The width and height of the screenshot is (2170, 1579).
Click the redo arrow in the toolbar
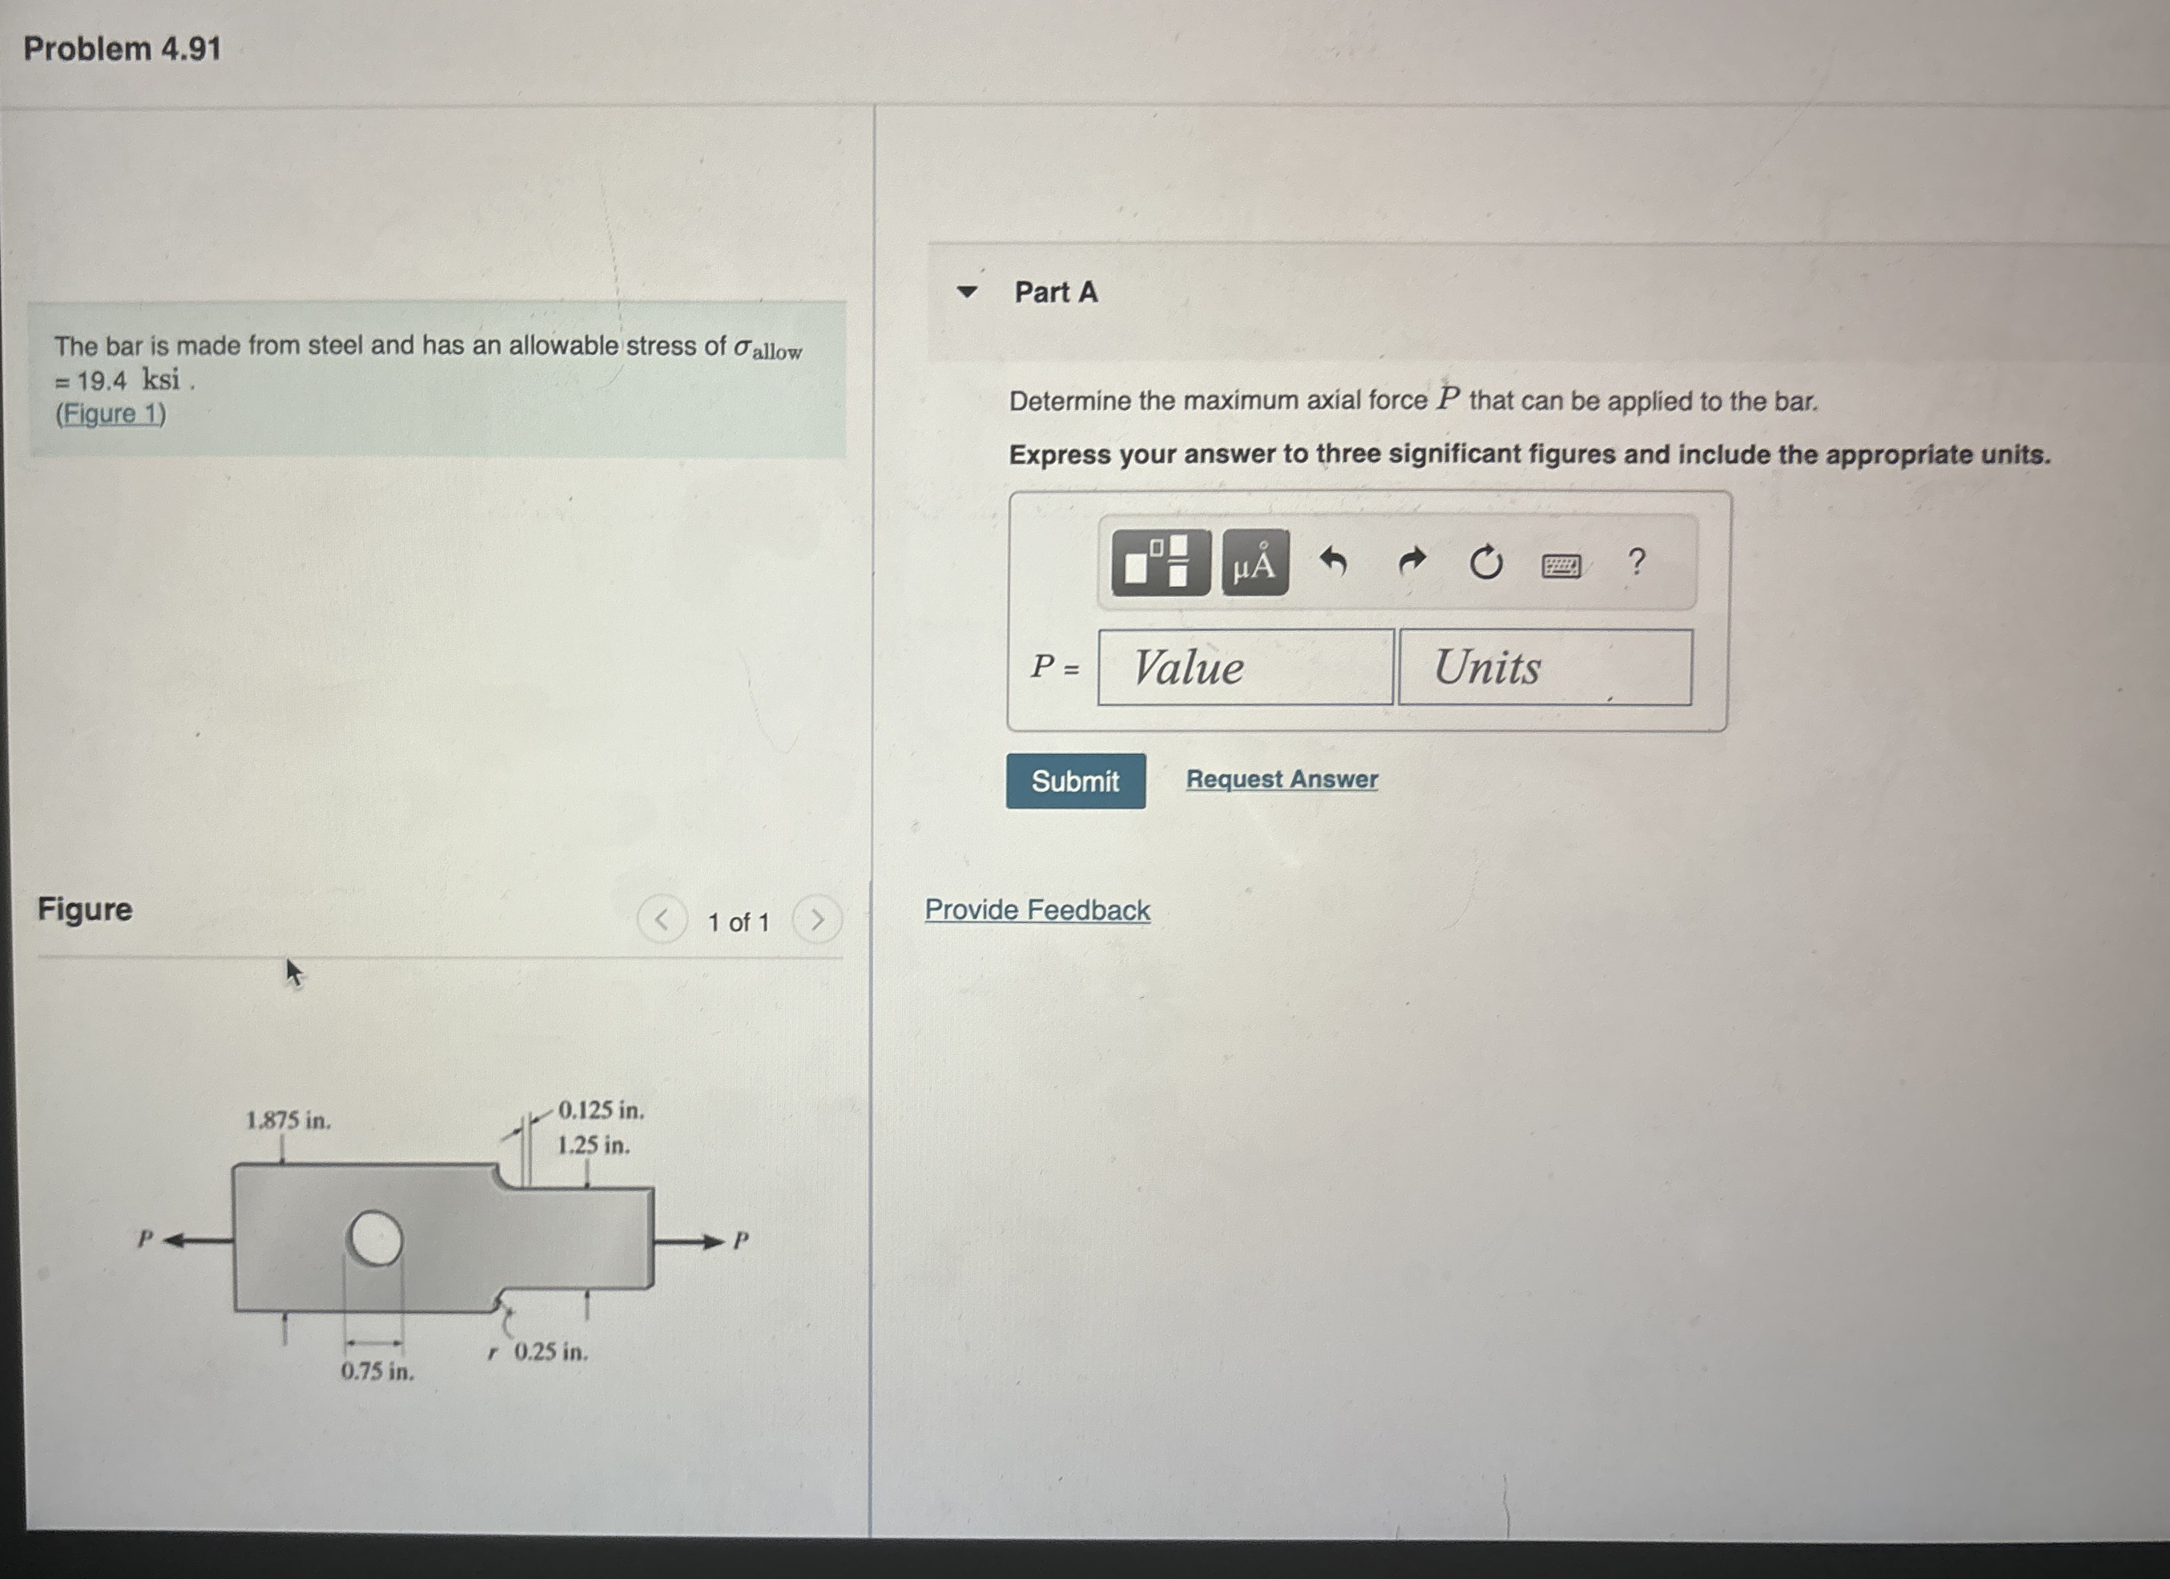tap(1411, 562)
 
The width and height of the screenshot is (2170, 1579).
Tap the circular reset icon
tap(1485, 562)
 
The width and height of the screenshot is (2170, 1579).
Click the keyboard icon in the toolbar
tap(1561, 566)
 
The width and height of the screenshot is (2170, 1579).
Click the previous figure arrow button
tap(661, 919)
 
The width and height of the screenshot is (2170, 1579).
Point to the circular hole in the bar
tap(374, 1239)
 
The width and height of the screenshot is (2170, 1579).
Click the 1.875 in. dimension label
tap(288, 1120)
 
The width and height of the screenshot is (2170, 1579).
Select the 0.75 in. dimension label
tap(377, 1372)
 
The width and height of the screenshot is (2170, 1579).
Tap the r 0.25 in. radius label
tap(539, 1351)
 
